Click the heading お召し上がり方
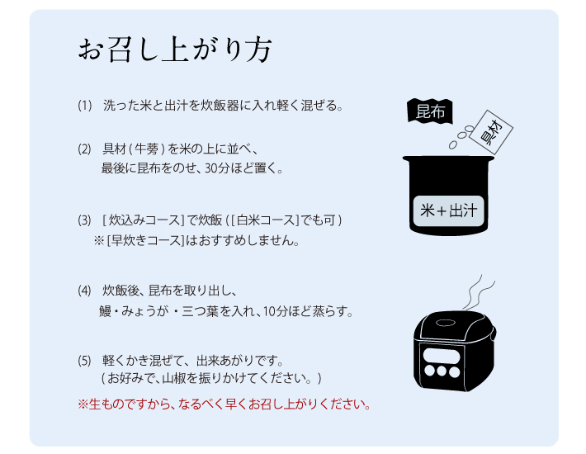click(175, 50)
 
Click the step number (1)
click(85, 106)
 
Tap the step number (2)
click(84, 149)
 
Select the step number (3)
click(84, 220)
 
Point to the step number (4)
click(84, 291)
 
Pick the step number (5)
click(84, 361)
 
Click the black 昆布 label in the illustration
click(430, 111)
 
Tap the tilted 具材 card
click(491, 132)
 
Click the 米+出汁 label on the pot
click(448, 210)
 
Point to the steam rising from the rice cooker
click(479, 293)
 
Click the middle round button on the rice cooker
click(442, 371)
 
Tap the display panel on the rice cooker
click(441, 355)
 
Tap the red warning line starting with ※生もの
click(224, 404)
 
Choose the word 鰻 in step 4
click(106, 311)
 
